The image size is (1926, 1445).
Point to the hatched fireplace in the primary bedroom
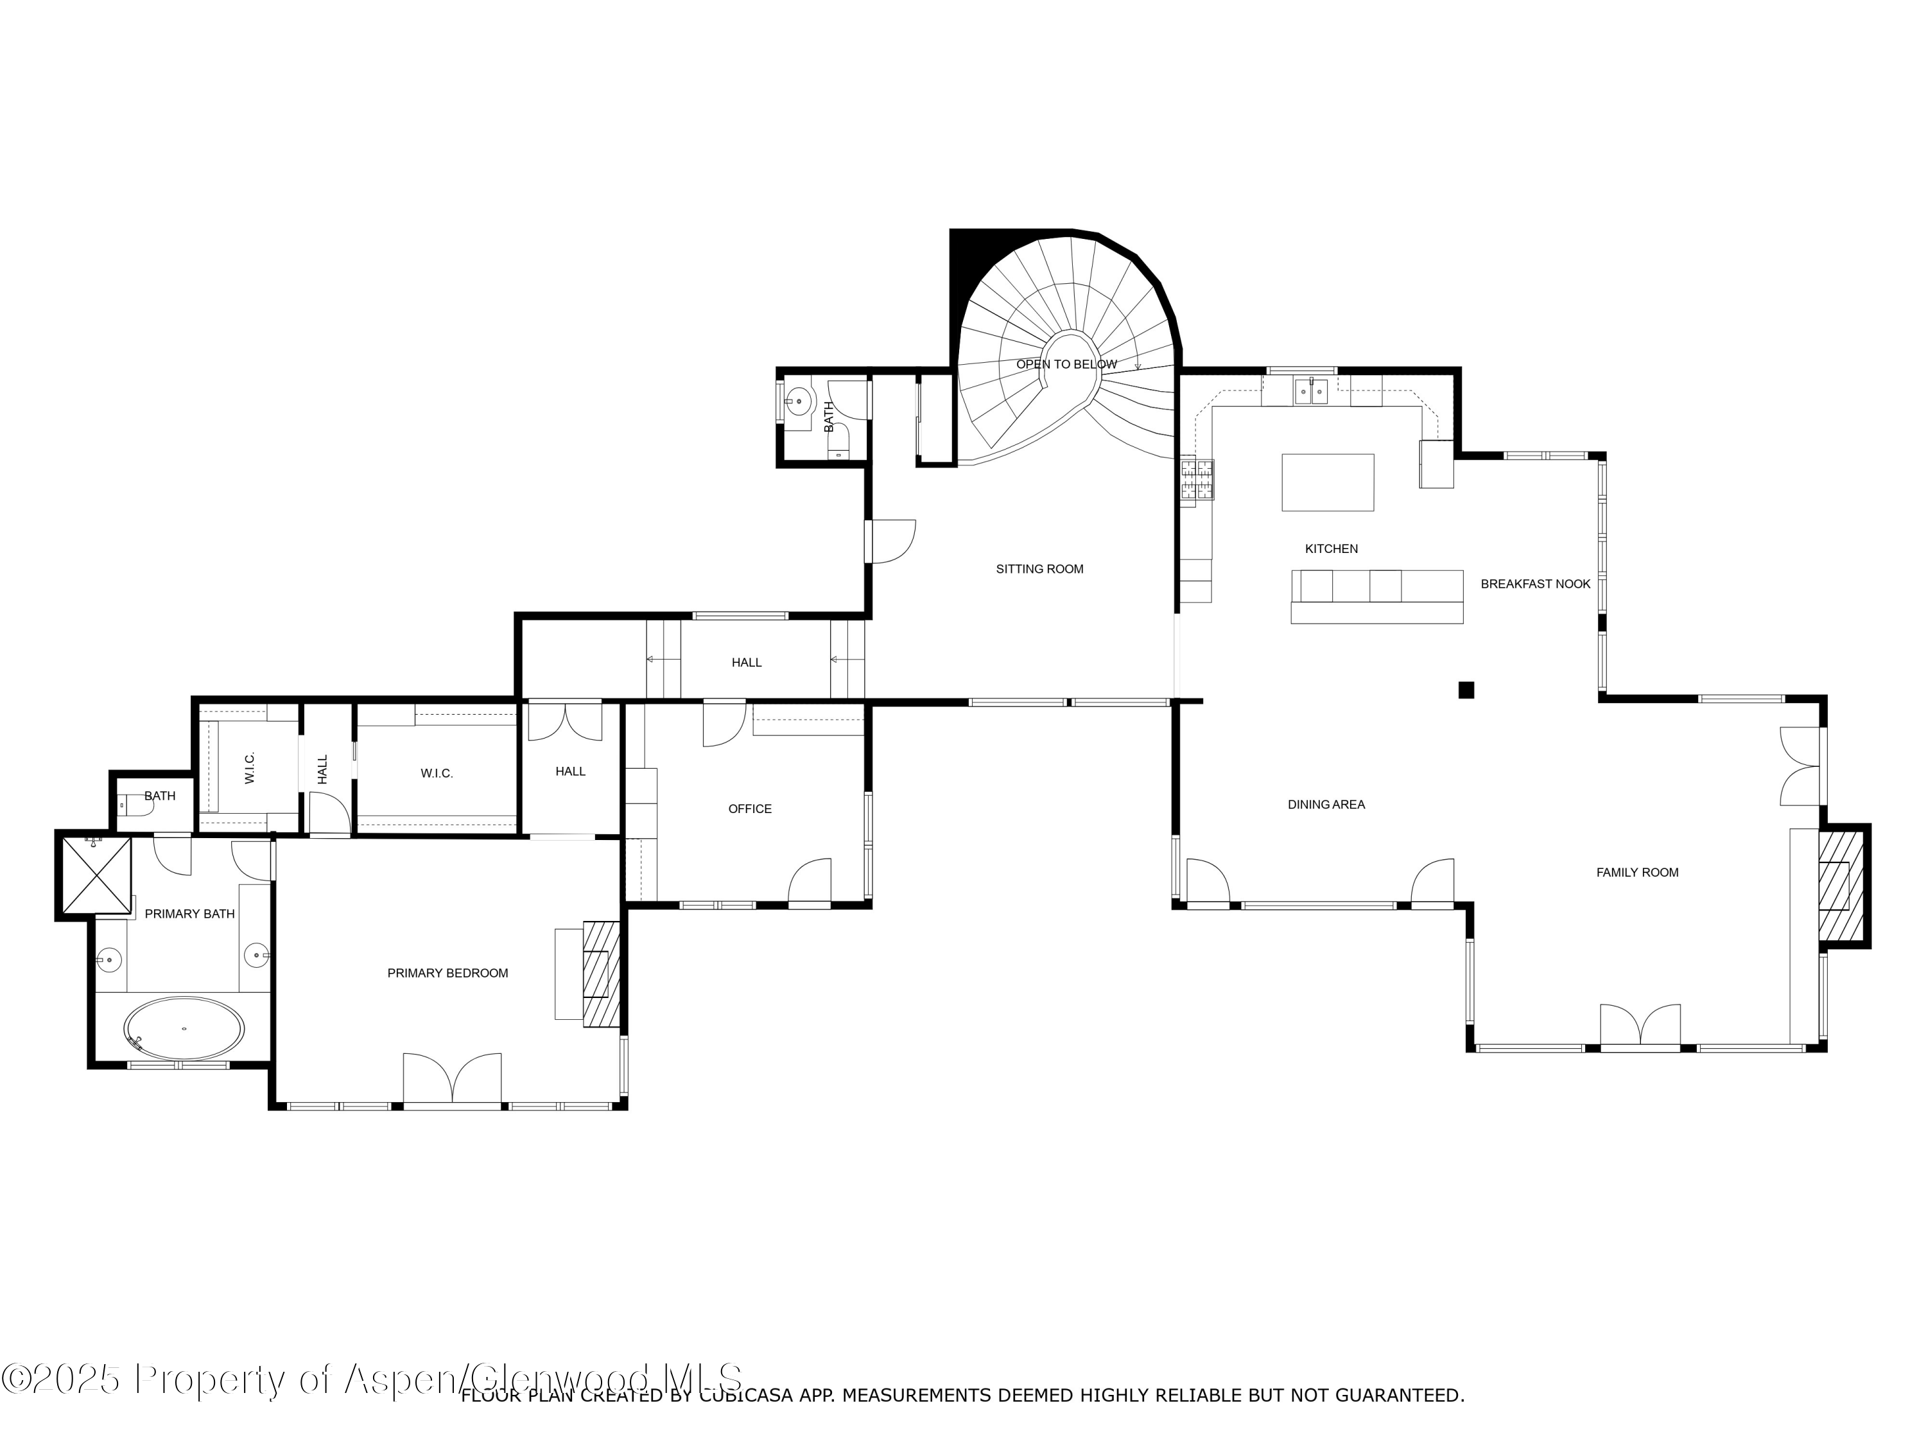(x=601, y=974)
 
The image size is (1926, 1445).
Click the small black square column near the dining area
(x=1466, y=690)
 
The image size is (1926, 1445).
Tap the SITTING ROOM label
(x=1039, y=569)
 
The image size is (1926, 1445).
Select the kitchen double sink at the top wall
(x=1310, y=392)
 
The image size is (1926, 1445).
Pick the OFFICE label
(x=750, y=809)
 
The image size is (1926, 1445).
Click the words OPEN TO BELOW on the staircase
(x=1066, y=364)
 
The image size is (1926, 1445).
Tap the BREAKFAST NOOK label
(x=1535, y=584)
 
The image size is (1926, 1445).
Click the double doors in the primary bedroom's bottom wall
(x=452, y=1080)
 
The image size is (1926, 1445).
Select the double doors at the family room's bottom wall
(x=1640, y=1026)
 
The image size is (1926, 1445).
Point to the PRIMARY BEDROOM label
(x=447, y=973)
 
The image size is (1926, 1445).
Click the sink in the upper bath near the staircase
(x=797, y=403)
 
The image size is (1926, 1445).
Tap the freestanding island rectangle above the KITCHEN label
(x=1327, y=482)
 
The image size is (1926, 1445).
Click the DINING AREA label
(x=1326, y=804)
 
